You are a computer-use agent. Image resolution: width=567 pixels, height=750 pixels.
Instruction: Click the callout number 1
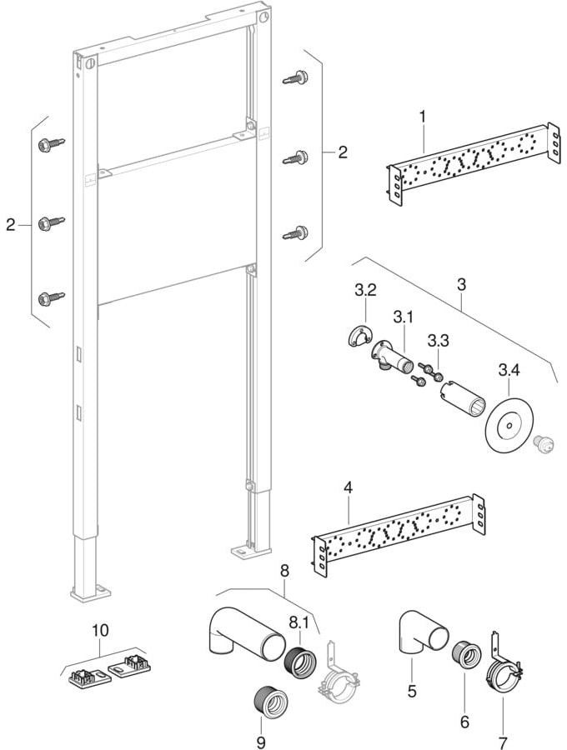click(x=423, y=117)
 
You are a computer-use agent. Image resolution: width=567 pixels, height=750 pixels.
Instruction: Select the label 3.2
click(x=365, y=291)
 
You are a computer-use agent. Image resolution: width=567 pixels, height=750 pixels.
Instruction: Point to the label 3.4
click(x=509, y=369)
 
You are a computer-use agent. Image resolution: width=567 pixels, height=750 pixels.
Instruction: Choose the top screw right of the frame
click(x=294, y=77)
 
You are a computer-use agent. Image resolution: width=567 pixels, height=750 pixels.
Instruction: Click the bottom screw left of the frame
click(x=50, y=296)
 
